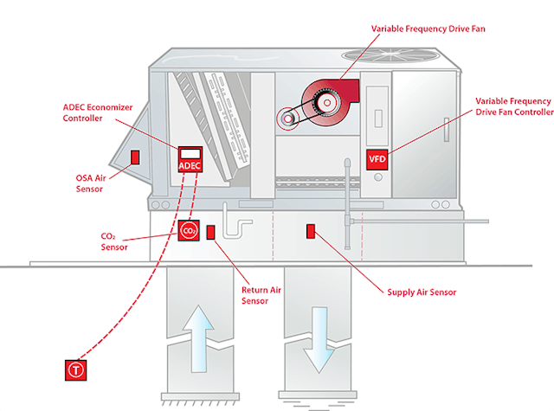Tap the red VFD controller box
[377, 159]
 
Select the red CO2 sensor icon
[189, 231]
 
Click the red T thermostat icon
[76, 370]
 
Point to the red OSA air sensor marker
[135, 157]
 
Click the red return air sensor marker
[211, 232]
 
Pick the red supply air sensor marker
[311, 230]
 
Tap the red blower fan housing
[331, 99]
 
